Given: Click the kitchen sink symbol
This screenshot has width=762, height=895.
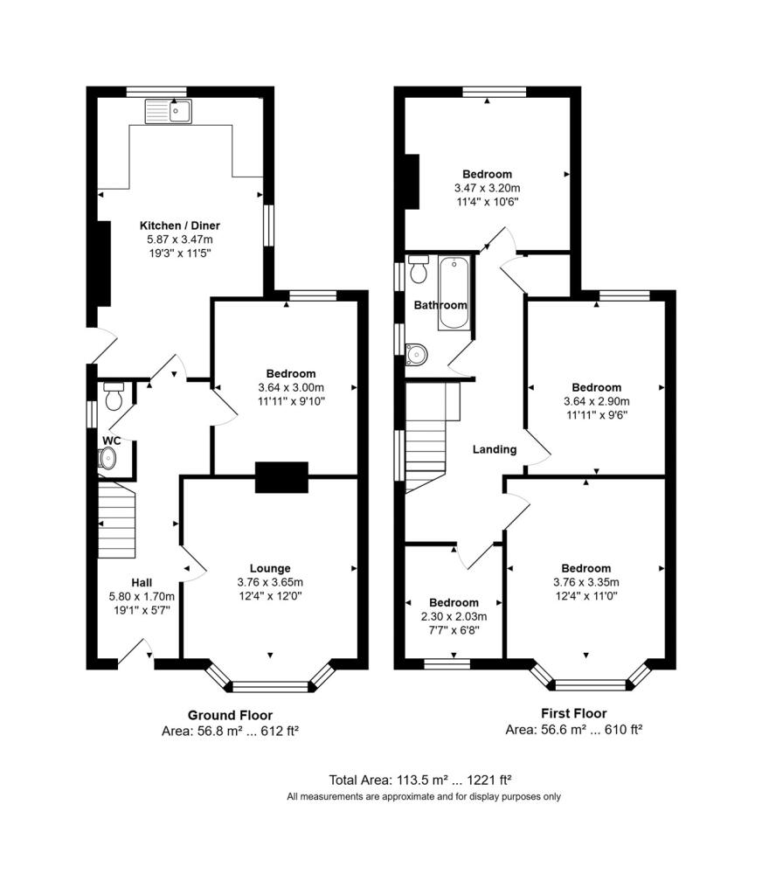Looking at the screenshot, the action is pos(169,111).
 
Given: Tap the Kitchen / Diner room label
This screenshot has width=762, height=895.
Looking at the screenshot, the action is pos(180,225).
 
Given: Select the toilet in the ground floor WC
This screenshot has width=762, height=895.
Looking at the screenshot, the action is pos(114,396).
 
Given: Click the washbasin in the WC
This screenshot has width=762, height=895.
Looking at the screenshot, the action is pos(107,458).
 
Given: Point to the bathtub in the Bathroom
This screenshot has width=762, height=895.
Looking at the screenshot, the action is pos(454,293).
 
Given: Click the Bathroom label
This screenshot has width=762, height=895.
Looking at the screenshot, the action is pos(440,305).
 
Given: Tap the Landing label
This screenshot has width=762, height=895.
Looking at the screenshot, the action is pos(495,450).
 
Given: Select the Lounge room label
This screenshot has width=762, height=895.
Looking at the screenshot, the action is pos(270,568).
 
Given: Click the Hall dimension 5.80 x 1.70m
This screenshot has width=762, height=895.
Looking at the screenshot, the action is pos(142,596).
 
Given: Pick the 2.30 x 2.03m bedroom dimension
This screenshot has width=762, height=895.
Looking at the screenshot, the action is pos(454,616).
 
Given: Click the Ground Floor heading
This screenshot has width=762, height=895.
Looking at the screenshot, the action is pos(230,715).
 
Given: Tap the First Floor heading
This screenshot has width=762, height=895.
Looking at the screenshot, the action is pos(573,713).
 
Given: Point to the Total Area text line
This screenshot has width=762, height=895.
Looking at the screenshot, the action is pos(420,780).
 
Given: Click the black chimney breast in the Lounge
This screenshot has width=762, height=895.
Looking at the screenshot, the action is pos(281,477).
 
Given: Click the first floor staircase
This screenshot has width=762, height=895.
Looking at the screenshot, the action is pos(426,438).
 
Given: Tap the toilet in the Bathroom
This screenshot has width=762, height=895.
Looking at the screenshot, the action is pos(419,269).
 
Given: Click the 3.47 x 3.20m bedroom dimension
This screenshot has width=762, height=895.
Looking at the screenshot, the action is pos(488,188).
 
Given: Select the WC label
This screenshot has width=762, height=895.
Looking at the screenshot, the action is pos(111,441).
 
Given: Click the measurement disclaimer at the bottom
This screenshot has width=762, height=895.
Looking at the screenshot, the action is pos(424,797).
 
